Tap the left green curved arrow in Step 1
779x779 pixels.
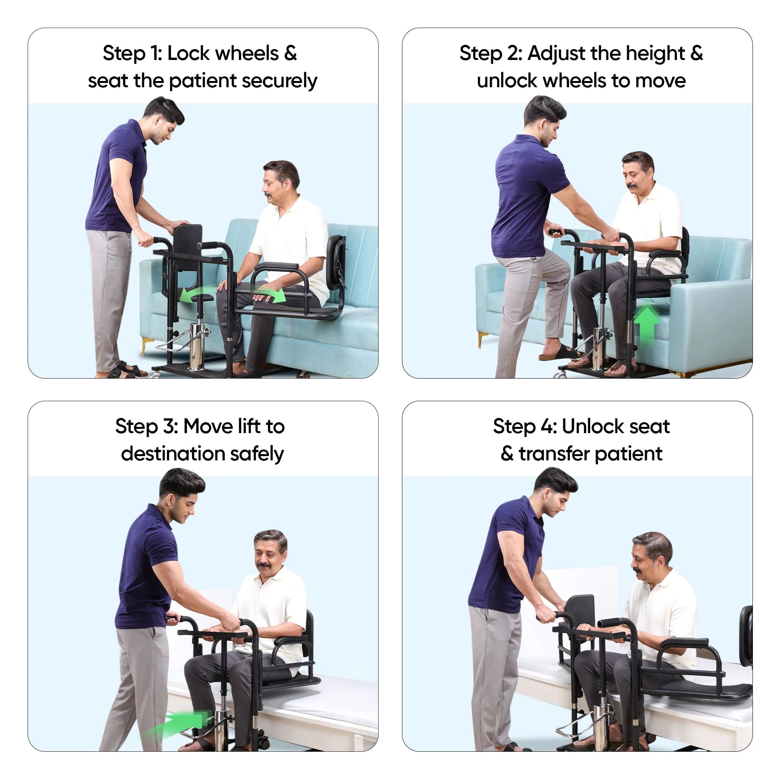pos(192,294)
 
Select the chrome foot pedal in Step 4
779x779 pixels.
pos(572,728)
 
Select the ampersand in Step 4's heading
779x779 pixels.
pos(507,454)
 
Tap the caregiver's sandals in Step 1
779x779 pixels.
pos(128,370)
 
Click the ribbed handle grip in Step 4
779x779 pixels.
pos(610,622)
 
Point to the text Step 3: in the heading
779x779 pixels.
pos(146,427)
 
